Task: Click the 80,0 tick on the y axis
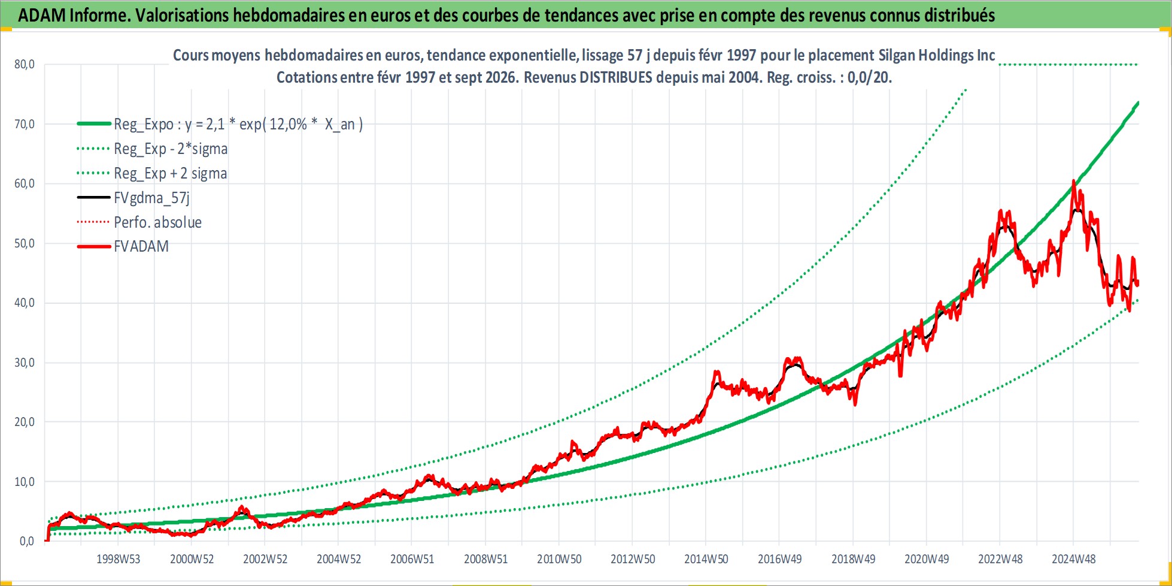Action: click(x=25, y=64)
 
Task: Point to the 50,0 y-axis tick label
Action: click(x=25, y=243)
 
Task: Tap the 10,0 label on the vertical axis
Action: click(x=25, y=482)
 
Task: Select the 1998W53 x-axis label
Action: click(x=118, y=559)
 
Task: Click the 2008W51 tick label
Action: click(x=485, y=559)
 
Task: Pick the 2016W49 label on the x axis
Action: click(x=779, y=559)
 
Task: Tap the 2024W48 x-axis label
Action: click(x=1073, y=559)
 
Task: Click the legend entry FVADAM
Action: click(x=141, y=246)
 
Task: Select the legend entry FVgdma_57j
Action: click(x=151, y=198)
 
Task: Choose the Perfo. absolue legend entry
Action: click(x=157, y=222)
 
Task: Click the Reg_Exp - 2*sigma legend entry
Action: click(x=171, y=149)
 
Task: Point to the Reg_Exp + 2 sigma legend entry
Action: click(x=170, y=173)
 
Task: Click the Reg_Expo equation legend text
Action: click(x=238, y=124)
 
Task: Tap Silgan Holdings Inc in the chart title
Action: click(x=937, y=55)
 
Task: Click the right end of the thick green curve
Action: click(x=1138, y=103)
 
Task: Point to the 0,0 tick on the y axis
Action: click(x=27, y=541)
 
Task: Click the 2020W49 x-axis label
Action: click(x=927, y=559)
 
